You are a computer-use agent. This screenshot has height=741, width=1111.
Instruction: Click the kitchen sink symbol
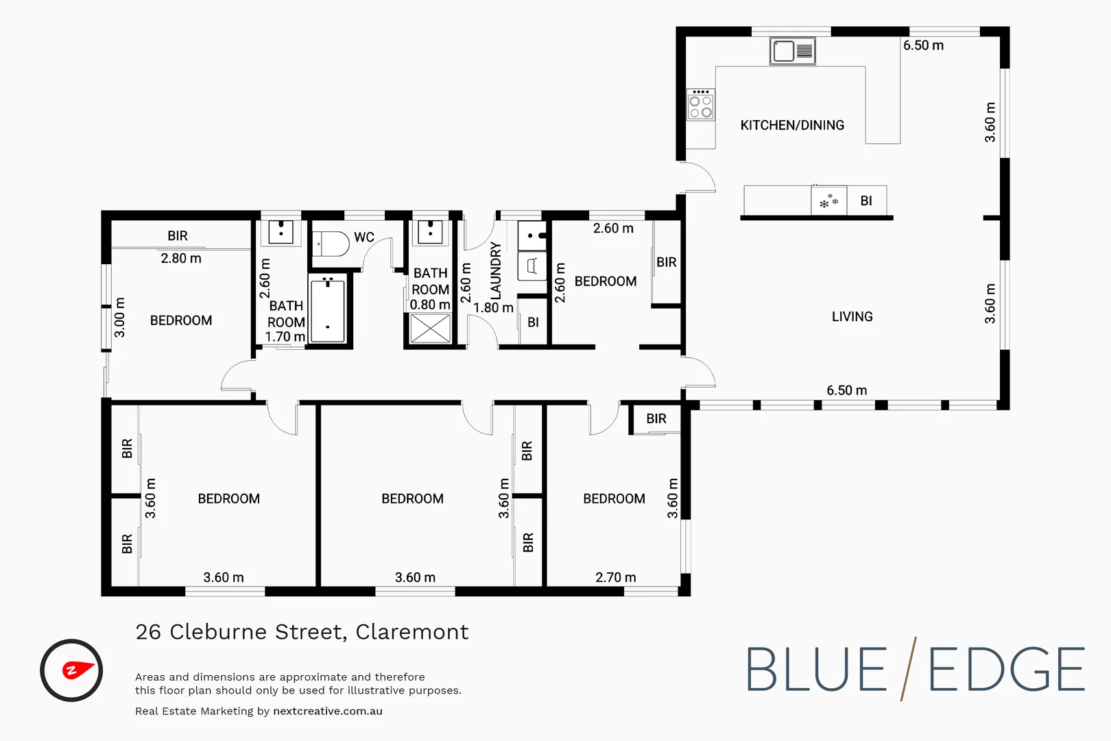792,51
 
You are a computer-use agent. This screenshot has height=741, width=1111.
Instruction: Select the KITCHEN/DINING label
792,126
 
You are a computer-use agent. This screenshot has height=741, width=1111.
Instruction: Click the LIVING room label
852,317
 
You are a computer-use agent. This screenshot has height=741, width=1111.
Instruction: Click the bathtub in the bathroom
328,310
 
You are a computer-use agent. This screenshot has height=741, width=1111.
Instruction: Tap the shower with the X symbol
431,328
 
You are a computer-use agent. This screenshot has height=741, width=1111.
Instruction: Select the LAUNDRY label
496,270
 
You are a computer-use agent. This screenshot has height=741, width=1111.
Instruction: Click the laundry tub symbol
531,266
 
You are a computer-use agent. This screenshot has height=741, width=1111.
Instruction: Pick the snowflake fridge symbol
828,201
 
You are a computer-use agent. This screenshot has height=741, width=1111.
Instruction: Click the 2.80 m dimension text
181,259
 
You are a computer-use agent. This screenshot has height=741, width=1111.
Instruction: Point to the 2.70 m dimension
615,578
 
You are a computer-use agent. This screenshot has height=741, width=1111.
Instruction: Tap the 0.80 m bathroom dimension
430,305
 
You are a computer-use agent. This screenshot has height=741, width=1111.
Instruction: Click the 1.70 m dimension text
285,337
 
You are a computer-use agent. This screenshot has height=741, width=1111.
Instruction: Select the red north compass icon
71,670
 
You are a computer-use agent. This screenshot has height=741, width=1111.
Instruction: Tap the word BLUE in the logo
816,670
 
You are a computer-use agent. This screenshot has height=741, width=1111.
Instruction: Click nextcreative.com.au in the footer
327,711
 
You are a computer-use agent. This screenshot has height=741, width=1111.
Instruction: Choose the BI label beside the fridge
866,201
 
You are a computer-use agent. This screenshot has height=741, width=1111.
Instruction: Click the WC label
364,237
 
